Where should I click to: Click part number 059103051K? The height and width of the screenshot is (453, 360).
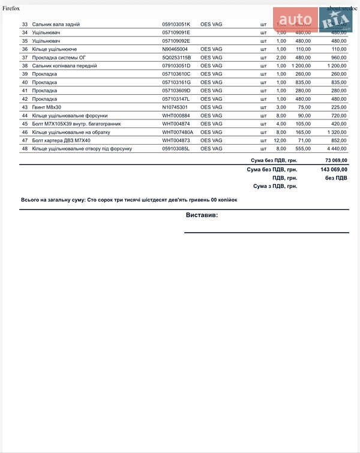tap(176, 24)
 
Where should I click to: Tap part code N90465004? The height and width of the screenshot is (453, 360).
tap(175, 49)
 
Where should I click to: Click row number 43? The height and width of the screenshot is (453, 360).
tap(25, 107)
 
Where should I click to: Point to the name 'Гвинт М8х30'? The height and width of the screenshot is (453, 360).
tap(49, 107)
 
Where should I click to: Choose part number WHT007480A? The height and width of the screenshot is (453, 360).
tap(178, 132)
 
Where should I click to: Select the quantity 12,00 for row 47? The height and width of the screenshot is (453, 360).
tap(280, 140)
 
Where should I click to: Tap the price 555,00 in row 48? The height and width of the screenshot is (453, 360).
tap(302, 149)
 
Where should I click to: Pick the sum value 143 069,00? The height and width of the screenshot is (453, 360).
tap(334, 170)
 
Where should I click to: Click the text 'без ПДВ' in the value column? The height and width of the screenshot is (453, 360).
tap(336, 178)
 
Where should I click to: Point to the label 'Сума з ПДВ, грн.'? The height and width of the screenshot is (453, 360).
tap(275, 187)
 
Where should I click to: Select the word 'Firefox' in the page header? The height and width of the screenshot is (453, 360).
tap(11, 8)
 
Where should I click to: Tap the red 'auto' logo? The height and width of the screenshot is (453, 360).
tap(295, 20)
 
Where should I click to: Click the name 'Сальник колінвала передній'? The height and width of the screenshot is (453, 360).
tap(64, 66)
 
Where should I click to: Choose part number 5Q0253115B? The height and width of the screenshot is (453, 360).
tap(176, 58)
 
